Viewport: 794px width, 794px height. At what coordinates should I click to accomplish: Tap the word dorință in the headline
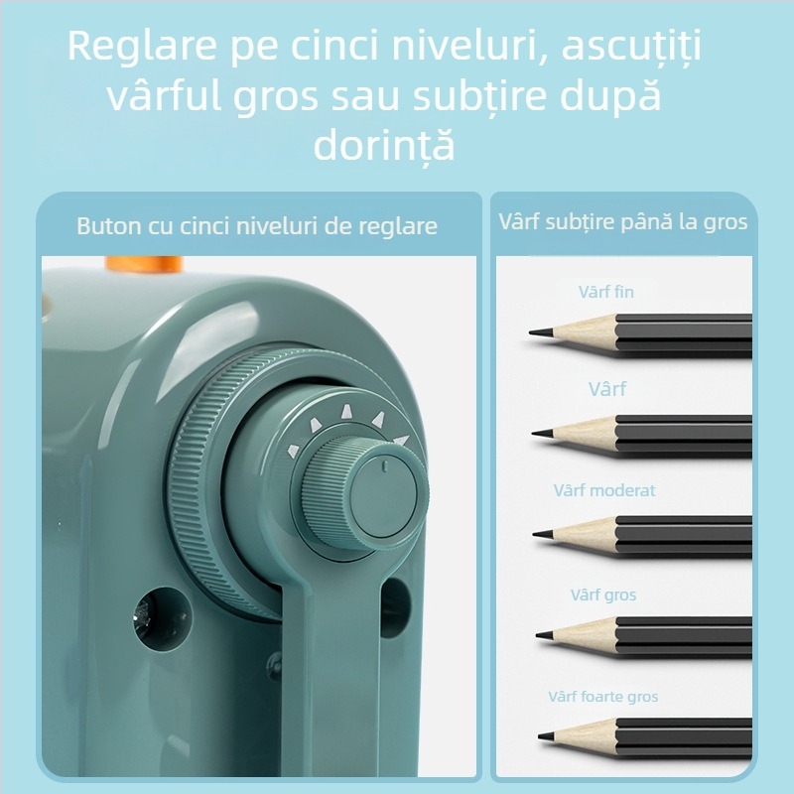click(384, 145)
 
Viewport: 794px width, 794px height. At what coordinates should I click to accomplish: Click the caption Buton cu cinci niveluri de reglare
click(257, 226)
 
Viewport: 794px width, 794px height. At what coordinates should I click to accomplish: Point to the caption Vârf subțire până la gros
click(623, 221)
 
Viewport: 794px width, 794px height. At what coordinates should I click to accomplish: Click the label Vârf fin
click(605, 292)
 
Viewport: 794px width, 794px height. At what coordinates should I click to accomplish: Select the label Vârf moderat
click(604, 490)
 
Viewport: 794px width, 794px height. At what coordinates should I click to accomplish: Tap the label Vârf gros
click(603, 595)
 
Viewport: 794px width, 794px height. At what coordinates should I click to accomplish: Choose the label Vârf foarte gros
click(603, 697)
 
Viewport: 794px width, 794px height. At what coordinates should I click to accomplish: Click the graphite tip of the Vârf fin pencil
click(537, 332)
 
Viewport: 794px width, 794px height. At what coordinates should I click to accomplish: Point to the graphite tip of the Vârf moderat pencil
click(540, 535)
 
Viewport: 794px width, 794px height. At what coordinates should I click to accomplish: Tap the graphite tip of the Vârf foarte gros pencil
click(545, 737)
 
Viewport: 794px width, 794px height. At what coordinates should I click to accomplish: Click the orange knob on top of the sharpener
click(145, 265)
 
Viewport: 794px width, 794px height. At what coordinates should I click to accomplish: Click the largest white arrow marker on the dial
click(399, 439)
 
